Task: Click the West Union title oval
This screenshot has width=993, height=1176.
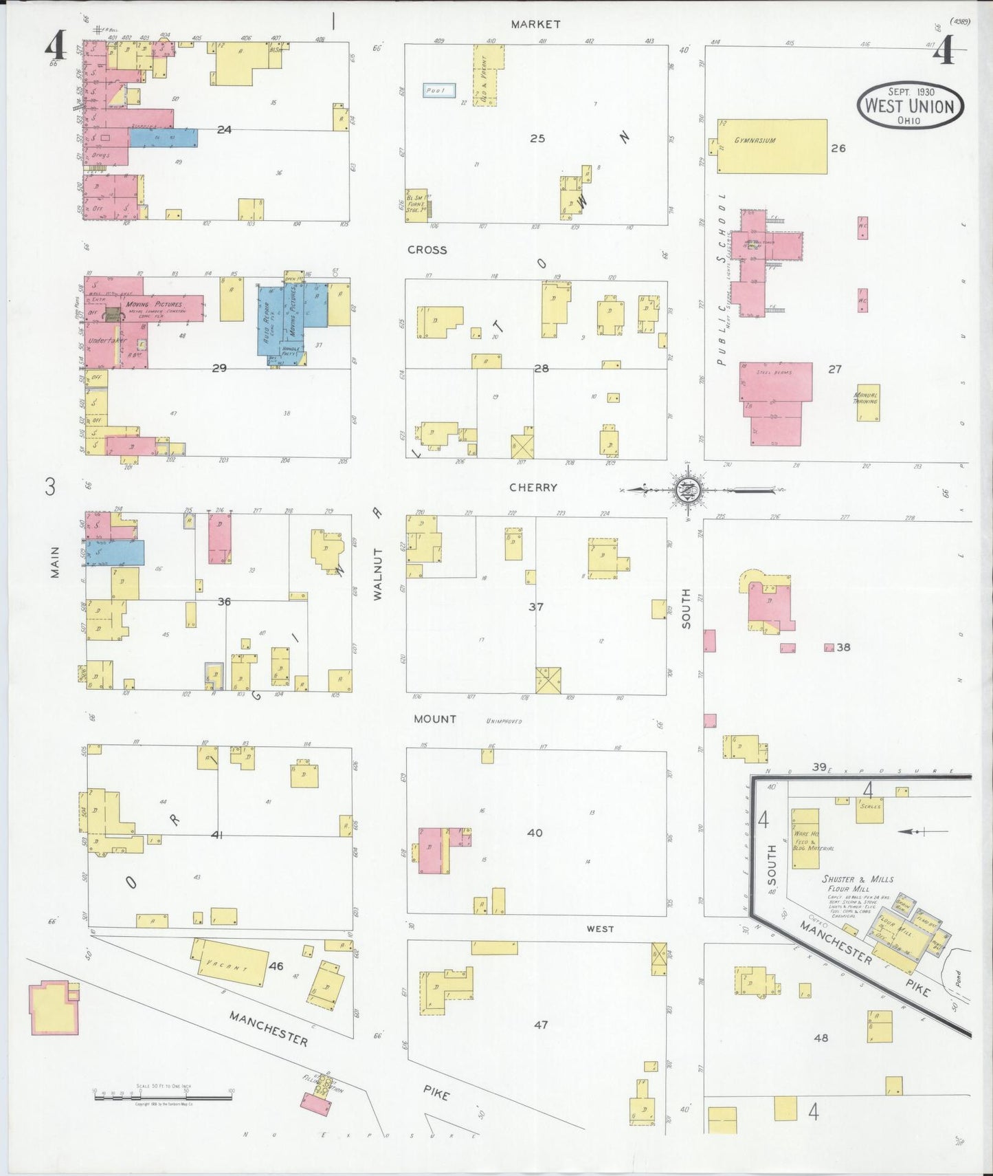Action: tap(910, 106)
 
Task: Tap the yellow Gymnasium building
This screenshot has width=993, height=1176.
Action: tap(772, 146)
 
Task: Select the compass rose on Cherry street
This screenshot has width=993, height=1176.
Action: tap(685, 490)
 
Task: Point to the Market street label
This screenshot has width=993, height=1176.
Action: tap(535, 24)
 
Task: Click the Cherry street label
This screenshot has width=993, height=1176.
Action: tap(533, 488)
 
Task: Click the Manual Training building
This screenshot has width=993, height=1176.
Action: tap(868, 402)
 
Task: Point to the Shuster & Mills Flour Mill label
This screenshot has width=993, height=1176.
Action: tap(858, 883)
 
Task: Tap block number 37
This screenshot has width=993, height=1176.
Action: tap(536, 607)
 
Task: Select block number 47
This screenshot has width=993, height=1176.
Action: tap(541, 1025)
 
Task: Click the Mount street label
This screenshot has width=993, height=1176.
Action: tap(435, 719)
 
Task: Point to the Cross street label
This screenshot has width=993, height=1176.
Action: tap(427, 250)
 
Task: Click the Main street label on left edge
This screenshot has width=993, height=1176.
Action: tap(55, 562)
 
